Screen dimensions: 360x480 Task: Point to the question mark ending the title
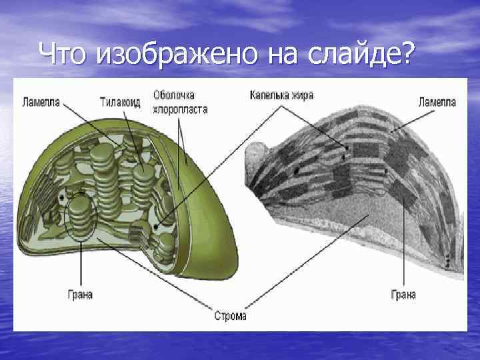point(405,52)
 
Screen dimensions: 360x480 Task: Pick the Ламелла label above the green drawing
point(41,103)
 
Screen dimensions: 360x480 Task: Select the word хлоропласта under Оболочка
point(180,109)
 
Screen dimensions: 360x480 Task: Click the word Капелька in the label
point(270,95)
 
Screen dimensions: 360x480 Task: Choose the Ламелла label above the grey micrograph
point(437,103)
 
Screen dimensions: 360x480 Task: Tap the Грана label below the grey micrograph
point(403,295)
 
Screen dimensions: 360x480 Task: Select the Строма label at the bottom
point(231,316)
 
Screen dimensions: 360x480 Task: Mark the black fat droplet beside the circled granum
point(62,199)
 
